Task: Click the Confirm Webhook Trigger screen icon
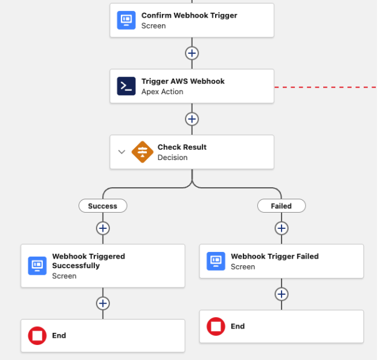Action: click(126, 20)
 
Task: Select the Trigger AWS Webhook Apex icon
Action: click(126, 86)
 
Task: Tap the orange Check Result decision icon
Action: click(143, 152)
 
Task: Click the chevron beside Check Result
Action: click(121, 152)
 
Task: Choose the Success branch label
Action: click(103, 206)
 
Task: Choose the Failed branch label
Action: click(281, 206)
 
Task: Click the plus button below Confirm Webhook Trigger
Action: click(192, 53)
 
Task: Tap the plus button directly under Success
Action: click(103, 228)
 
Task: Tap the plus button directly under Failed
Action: click(281, 228)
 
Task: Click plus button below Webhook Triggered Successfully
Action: click(103, 303)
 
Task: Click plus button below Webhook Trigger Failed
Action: click(281, 294)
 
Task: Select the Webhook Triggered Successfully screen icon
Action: click(37, 266)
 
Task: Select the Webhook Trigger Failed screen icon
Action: click(216, 261)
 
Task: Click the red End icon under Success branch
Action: click(37, 335)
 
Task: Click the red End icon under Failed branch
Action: click(216, 326)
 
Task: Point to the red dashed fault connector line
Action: click(326, 87)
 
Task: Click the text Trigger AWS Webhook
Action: click(182, 82)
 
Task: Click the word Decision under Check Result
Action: click(172, 158)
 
